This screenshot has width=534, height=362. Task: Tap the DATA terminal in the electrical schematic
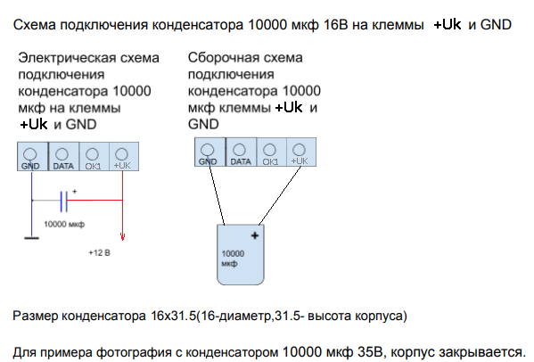click(63, 157)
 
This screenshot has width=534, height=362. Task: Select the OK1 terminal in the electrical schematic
click(94, 157)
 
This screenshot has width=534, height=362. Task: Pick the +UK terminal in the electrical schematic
click(124, 157)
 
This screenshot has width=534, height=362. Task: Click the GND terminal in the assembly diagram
click(209, 152)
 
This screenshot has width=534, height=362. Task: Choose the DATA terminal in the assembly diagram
click(241, 152)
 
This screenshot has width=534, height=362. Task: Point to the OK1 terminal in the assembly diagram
click(271, 152)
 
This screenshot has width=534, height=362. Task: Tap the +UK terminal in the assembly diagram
click(301, 152)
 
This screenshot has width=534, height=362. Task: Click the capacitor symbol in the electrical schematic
click(63, 202)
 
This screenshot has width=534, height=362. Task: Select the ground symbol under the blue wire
click(32, 238)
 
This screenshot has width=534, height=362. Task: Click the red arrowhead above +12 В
click(123, 236)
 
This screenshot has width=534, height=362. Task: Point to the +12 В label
click(100, 252)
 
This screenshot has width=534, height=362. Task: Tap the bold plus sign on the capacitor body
click(255, 235)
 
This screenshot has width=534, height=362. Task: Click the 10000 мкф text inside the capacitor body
click(233, 259)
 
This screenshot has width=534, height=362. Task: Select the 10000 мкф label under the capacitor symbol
click(64, 224)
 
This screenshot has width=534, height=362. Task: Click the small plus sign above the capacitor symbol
click(75, 192)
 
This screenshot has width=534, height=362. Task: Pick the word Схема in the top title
click(35, 25)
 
